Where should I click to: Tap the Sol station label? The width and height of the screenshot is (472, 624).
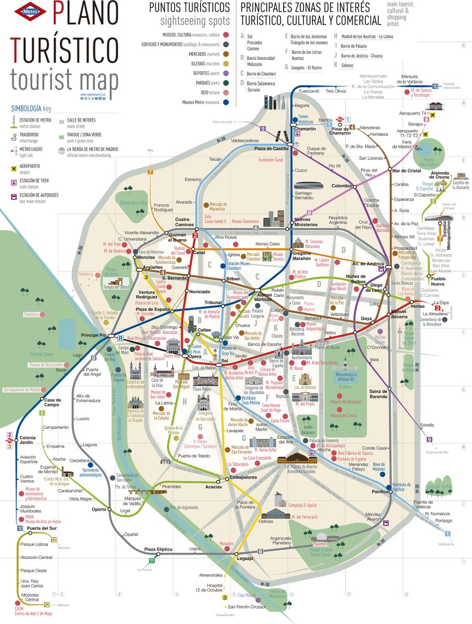coord(225,360)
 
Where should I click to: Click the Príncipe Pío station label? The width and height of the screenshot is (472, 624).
coord(93,336)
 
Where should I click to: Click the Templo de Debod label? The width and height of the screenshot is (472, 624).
coord(116,287)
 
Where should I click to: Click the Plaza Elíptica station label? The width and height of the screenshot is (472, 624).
coord(158,549)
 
